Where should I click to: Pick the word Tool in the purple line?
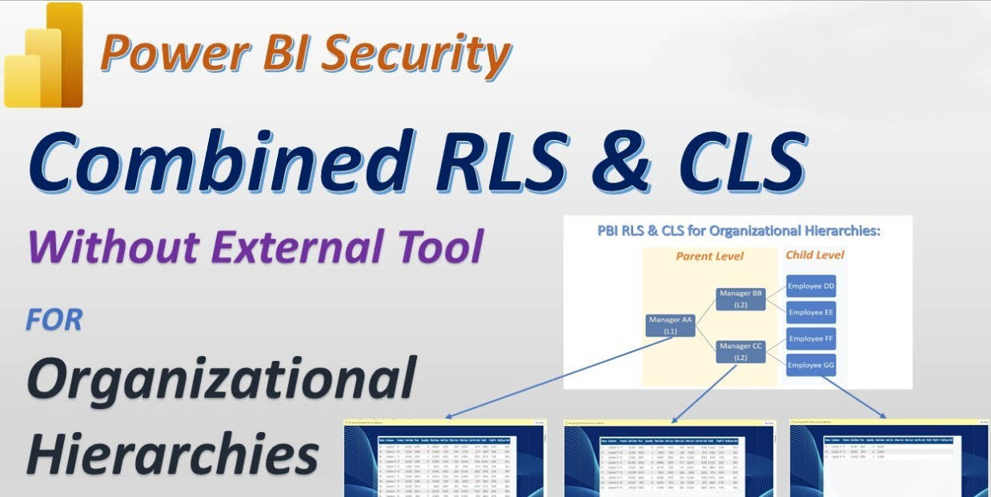click(x=437, y=247)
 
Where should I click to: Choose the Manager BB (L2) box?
click(x=740, y=299)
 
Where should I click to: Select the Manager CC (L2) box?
click(x=740, y=351)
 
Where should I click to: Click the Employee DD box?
click(x=811, y=286)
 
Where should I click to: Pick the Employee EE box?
click(x=811, y=312)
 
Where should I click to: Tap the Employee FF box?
click(x=811, y=339)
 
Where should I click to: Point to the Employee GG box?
click(x=811, y=365)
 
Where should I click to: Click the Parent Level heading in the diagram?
click(x=709, y=256)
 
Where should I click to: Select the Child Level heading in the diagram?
click(x=814, y=255)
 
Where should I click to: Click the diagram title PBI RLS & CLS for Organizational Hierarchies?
click(x=739, y=231)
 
